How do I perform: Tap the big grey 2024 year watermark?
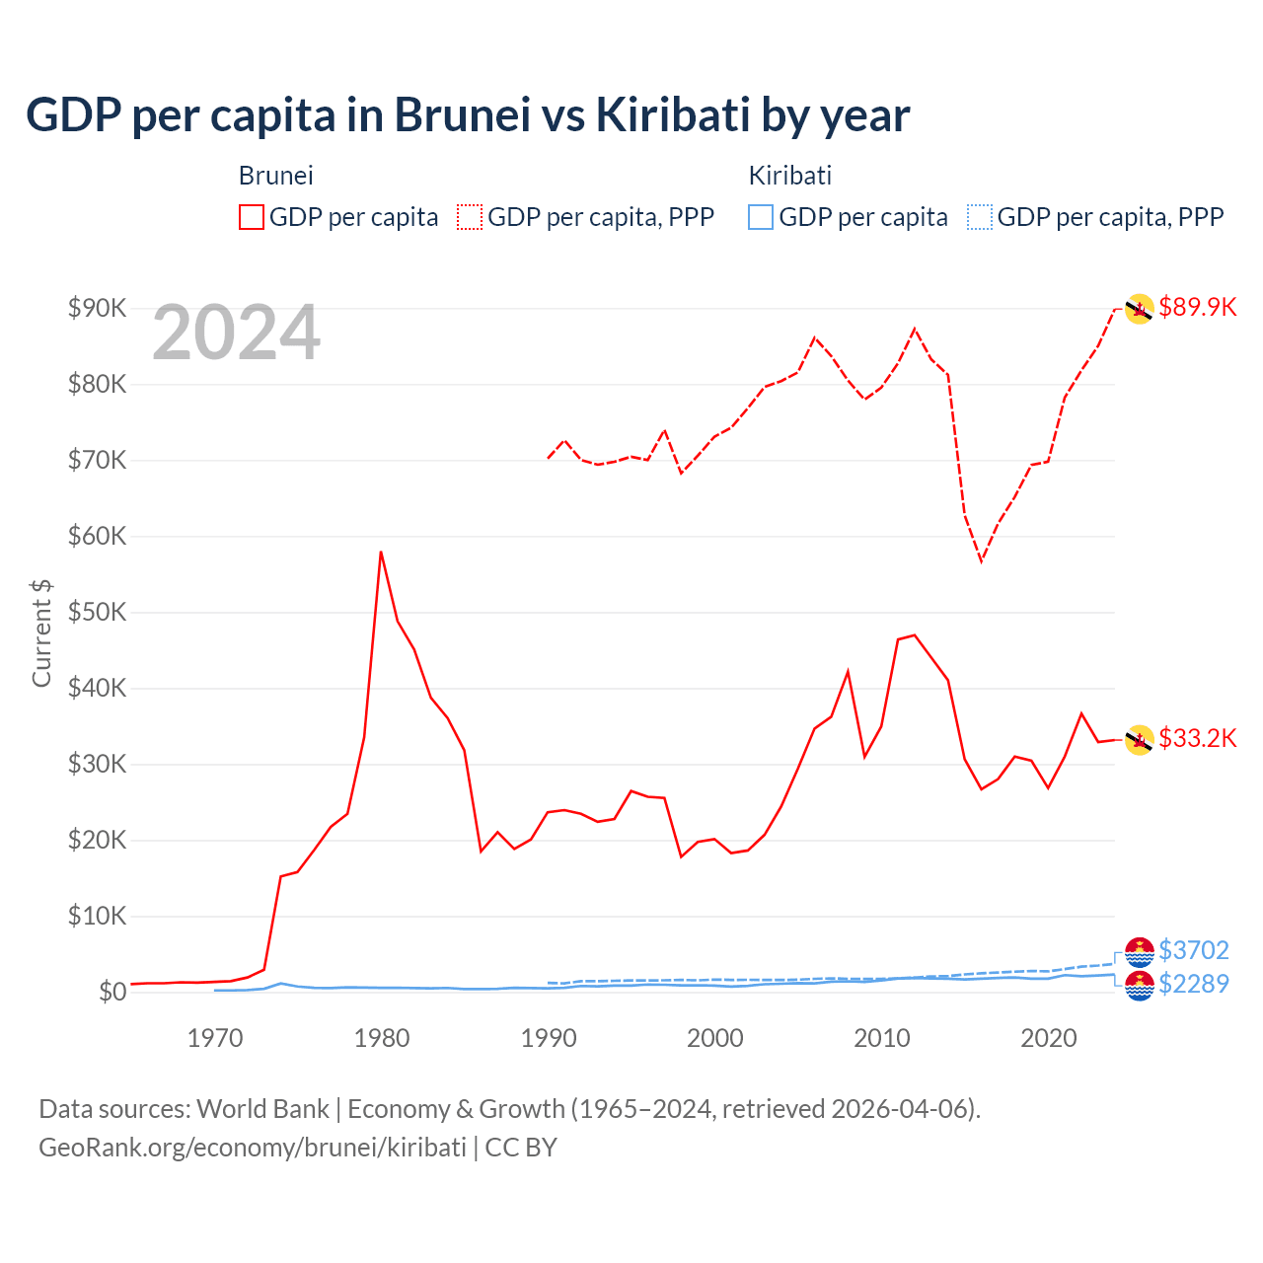coord(237,334)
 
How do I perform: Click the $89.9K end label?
coord(1197,307)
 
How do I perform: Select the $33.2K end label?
coord(1197,738)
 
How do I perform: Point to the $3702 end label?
coord(1193,950)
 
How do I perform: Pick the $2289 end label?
coord(1193,984)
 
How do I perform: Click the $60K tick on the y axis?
coord(98,536)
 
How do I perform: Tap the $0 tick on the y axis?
coord(112,992)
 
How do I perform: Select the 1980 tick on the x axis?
coord(382,1038)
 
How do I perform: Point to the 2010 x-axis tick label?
coord(881,1038)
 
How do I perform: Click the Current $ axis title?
coord(41,633)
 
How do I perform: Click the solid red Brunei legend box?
coord(252,217)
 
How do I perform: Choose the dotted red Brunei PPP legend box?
coord(470,217)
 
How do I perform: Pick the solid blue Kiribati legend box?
coord(761,217)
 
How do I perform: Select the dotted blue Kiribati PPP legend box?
coord(979,217)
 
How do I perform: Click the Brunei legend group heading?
coord(275,176)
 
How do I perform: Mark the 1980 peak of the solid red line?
coord(381,553)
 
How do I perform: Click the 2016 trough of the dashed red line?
coord(981,560)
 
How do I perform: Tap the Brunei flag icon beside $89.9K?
coord(1139,309)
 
